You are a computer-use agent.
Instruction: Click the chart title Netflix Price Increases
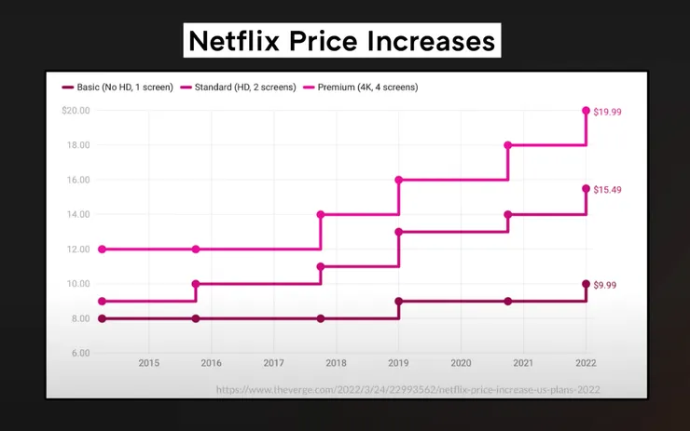click(x=340, y=41)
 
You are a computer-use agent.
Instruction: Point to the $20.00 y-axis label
click(x=76, y=110)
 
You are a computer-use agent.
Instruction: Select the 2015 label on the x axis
click(x=148, y=362)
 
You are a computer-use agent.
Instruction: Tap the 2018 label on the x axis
click(x=336, y=362)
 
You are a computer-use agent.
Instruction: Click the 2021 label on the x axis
click(x=523, y=362)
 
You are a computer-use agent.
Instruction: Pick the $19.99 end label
click(x=607, y=111)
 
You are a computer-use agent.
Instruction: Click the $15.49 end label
click(x=607, y=189)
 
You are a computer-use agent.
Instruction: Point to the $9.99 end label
click(x=605, y=285)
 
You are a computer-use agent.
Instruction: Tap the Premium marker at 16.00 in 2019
click(x=399, y=180)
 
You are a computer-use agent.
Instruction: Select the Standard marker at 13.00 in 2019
click(x=399, y=232)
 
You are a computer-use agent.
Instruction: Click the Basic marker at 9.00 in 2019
click(x=399, y=302)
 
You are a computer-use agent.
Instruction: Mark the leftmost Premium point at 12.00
click(x=102, y=249)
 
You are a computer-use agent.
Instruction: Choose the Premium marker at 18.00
click(x=508, y=145)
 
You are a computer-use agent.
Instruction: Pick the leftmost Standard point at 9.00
click(x=102, y=302)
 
